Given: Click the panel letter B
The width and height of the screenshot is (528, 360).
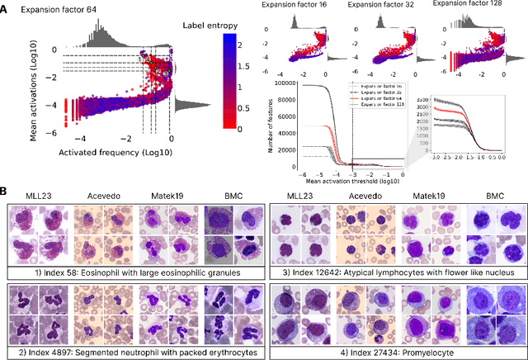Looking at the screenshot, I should [x=6, y=192].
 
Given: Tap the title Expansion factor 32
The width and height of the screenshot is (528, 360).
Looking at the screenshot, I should [x=382, y=5].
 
